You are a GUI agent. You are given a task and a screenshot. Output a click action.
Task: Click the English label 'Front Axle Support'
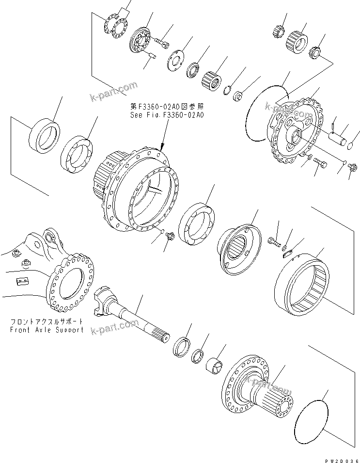pyautogui.click(x=47, y=330)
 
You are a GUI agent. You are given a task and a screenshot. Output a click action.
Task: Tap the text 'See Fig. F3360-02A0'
pyautogui.click(x=167, y=115)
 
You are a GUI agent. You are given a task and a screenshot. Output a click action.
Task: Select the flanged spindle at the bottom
pyautogui.click(x=257, y=388)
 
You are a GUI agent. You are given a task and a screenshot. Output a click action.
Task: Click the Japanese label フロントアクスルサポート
pyautogui.click(x=47, y=321)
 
